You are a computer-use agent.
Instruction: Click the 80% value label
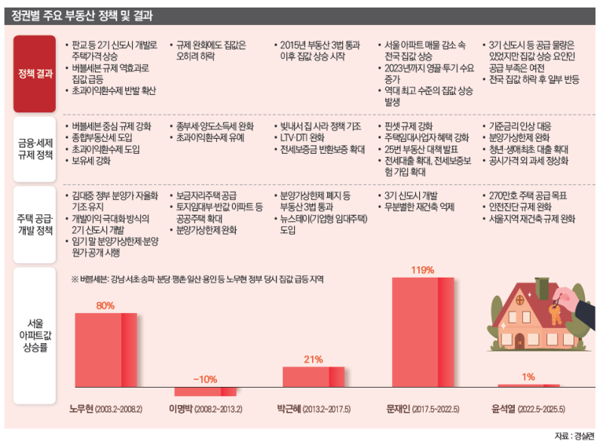point(105,305)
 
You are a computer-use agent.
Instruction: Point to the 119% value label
point(422,269)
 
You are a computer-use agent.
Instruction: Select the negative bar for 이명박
point(205,391)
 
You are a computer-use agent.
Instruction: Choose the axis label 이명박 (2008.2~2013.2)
point(205,410)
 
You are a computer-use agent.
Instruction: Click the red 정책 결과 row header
point(35,72)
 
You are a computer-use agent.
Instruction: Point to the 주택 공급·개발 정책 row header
point(35,220)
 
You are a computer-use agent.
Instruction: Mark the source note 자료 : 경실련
point(574,436)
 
